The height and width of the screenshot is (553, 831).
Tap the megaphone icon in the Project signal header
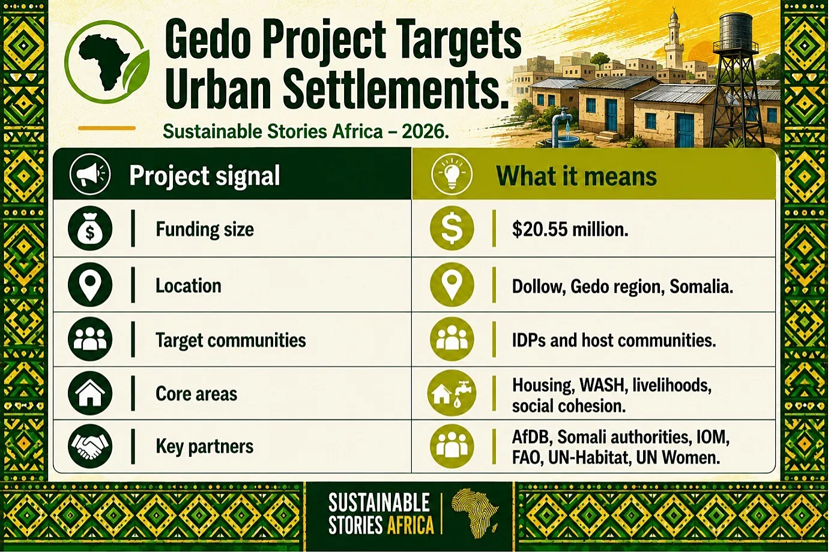tap(90, 174)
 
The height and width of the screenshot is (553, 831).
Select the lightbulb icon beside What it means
tap(452, 174)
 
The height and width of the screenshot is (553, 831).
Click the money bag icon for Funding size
tap(90, 229)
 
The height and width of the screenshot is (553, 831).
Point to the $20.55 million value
tap(570, 230)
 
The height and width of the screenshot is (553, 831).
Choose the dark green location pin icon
tap(90, 285)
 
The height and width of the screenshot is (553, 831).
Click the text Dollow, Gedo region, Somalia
tap(623, 287)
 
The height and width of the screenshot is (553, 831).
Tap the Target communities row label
tap(231, 340)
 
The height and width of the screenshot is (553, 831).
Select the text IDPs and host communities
tap(614, 340)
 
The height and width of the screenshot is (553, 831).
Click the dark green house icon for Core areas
tap(90, 393)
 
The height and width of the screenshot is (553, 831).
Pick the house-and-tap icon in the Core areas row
tap(452, 393)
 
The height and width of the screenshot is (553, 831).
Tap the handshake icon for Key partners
tap(90, 446)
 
